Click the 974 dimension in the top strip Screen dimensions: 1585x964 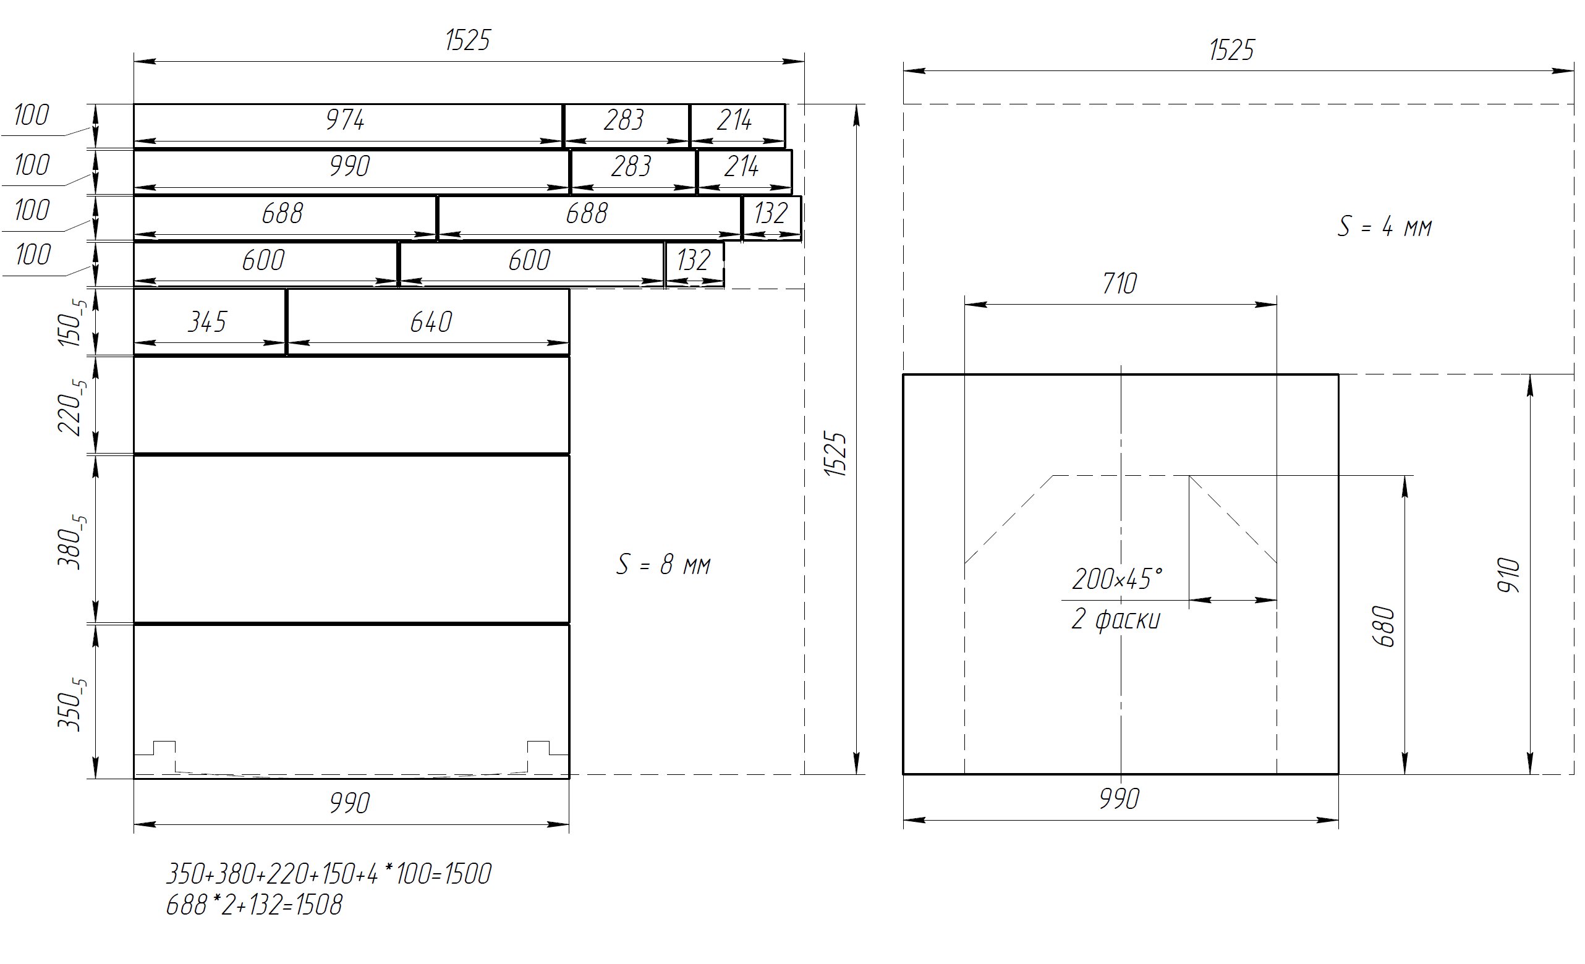346,120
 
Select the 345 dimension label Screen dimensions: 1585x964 207,321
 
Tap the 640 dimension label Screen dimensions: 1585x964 431,321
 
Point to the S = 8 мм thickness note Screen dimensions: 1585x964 663,565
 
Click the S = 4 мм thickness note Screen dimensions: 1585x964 1385,226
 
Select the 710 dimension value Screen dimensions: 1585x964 1120,284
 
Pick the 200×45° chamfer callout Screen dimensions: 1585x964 1117,579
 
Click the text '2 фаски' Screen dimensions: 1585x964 1116,619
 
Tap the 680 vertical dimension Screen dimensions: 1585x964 1383,626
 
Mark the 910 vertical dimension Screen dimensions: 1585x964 1509,575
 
